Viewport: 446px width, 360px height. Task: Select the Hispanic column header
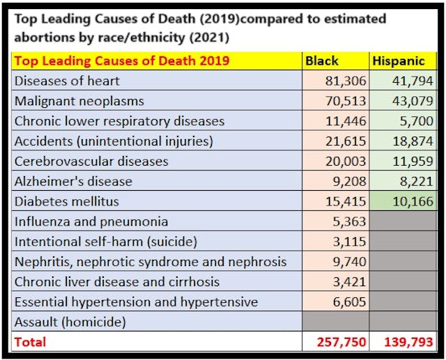click(x=399, y=61)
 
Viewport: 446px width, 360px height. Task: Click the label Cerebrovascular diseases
click(x=91, y=162)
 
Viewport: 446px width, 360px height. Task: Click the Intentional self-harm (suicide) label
click(x=106, y=242)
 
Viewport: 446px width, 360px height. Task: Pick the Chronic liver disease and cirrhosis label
click(x=117, y=282)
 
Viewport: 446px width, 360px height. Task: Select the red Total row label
click(x=30, y=342)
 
